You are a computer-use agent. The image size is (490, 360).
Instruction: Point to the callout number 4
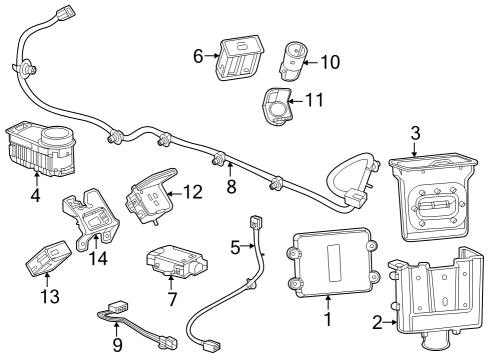tap(36, 195)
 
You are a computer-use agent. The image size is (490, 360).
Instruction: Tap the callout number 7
tap(172, 299)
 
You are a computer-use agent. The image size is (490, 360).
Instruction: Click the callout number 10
tap(329, 62)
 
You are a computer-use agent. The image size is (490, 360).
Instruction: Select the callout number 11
tap(314, 100)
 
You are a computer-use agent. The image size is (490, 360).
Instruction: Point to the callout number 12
tap(193, 190)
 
